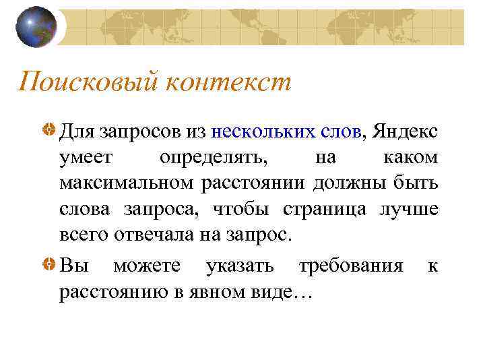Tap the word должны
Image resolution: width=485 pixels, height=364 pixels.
click(364, 183)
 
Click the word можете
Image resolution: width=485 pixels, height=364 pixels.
click(146, 266)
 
